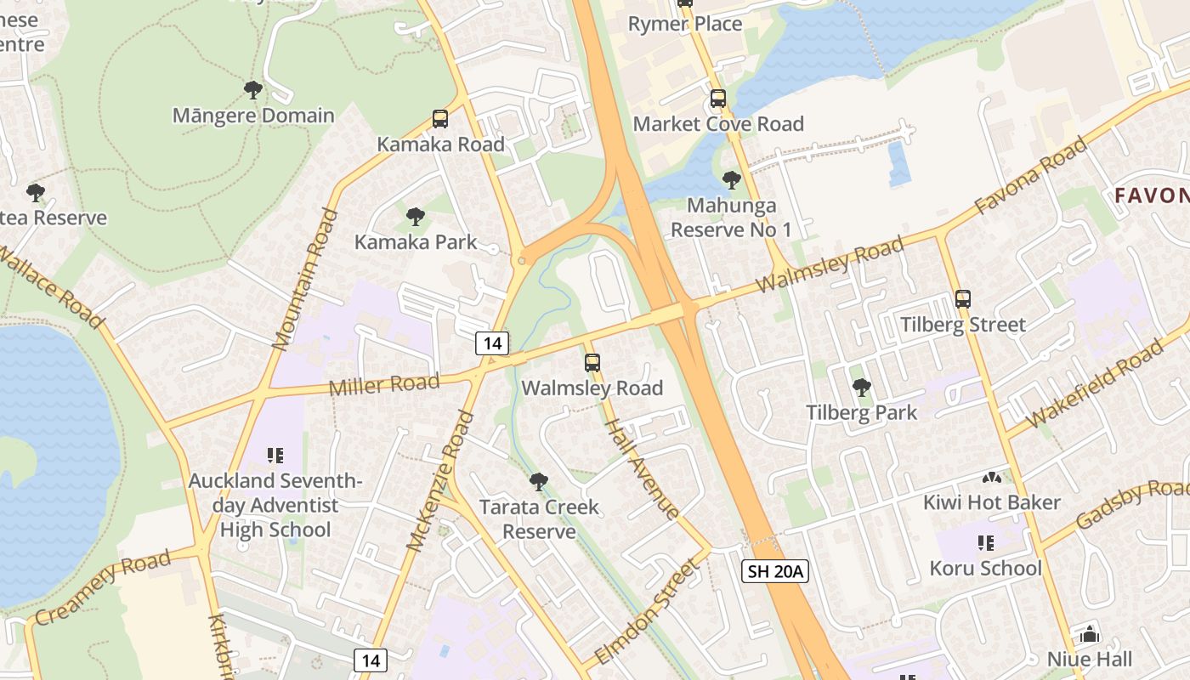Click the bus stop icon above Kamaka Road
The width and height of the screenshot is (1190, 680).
[440, 119]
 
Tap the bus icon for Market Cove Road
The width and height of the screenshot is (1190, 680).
[718, 99]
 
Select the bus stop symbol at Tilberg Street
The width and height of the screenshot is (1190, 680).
[962, 299]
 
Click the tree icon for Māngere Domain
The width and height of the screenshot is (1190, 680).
[252, 89]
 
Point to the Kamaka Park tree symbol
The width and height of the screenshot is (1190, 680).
[415, 217]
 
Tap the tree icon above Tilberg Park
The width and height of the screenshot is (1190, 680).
[861, 388]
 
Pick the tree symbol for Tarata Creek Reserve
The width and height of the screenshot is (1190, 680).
[538, 482]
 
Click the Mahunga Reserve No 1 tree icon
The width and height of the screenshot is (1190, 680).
[731, 180]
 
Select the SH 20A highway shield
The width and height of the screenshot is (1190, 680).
[774, 571]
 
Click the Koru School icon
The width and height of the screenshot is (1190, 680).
[986, 542]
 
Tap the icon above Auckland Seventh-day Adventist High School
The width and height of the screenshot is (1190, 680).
[275, 456]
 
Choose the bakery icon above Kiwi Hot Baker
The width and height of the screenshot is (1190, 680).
[992, 477]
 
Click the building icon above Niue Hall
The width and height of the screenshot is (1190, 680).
[1089, 634]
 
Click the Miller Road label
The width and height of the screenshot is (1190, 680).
[384, 385]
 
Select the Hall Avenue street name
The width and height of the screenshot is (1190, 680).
[642, 456]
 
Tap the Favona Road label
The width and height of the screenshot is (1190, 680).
[1030, 176]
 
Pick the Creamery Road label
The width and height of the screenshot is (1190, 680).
[103, 586]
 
